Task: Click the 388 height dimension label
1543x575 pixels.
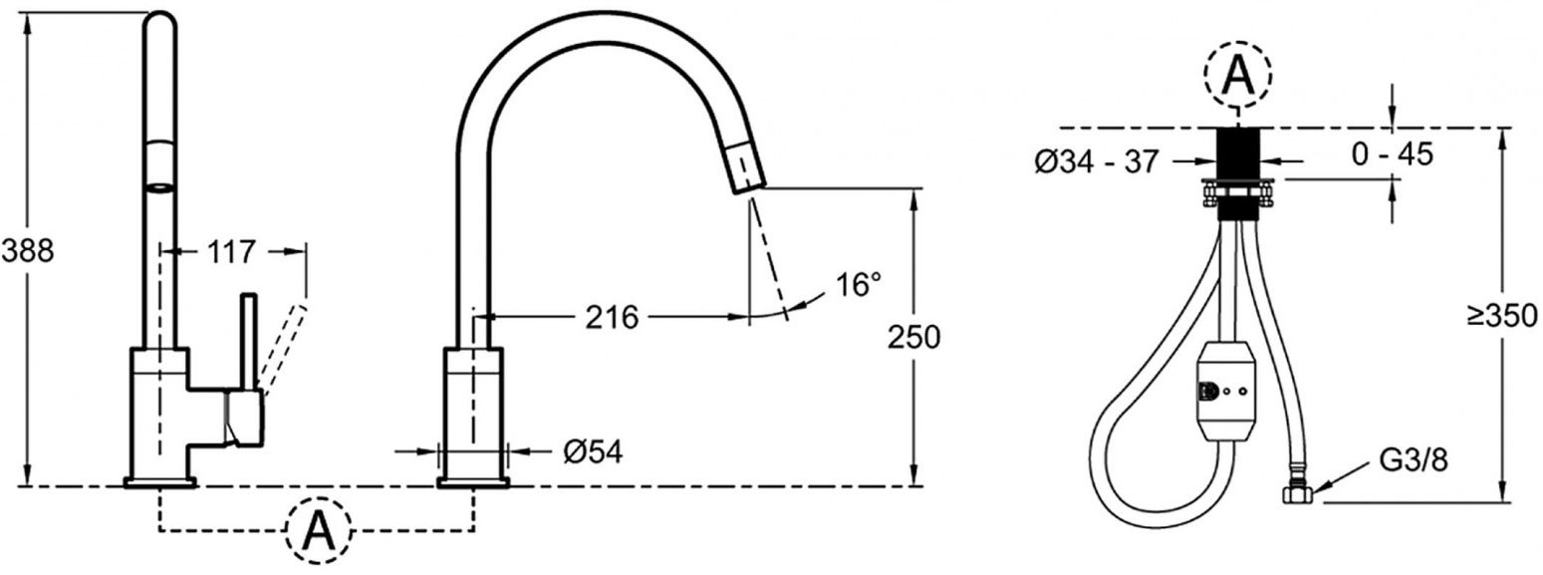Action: click(28, 251)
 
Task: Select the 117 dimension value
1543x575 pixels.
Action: click(231, 252)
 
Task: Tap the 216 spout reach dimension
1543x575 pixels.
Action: click(612, 317)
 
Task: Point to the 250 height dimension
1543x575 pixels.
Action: click(913, 337)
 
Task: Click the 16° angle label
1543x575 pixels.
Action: click(859, 285)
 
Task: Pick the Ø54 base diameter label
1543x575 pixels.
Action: click(593, 452)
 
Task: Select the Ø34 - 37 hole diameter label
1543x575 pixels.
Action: click(1098, 162)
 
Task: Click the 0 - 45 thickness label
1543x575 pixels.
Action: click(1393, 153)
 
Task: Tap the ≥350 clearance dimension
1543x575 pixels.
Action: click(1502, 316)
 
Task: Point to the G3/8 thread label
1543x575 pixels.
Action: click(1413, 460)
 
